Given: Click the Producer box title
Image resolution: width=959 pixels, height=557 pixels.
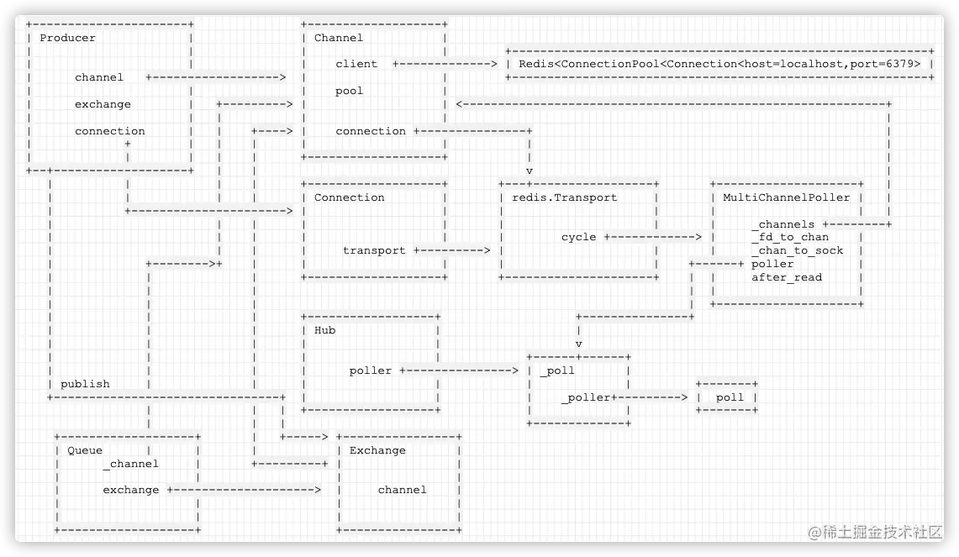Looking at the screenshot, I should (x=67, y=38).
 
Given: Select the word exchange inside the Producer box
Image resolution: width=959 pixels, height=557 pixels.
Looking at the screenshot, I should (x=103, y=104).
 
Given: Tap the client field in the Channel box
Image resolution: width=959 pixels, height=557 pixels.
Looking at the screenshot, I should (x=356, y=64).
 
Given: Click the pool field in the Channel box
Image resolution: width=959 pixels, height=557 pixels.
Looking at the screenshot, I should (x=350, y=91).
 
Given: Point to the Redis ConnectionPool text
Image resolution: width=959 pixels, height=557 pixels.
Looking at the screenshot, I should (x=719, y=64).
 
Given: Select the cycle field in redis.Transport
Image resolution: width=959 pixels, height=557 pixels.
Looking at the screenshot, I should (x=578, y=237).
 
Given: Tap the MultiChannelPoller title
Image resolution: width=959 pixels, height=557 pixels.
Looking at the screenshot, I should (x=787, y=197).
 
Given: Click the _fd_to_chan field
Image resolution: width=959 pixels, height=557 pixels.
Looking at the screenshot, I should (x=790, y=237).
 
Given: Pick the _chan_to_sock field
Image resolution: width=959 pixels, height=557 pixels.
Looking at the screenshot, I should (x=797, y=250).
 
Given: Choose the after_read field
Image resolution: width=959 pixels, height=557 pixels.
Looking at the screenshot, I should (x=787, y=277).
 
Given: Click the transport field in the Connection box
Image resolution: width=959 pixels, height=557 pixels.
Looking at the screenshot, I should (x=374, y=250).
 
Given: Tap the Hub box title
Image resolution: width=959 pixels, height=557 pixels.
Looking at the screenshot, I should (x=324, y=330).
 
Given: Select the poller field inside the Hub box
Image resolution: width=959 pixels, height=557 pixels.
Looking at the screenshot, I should (x=371, y=370).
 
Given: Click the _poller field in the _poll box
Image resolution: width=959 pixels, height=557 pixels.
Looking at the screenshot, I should (x=587, y=397).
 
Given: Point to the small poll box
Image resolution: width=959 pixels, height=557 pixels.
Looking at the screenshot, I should (x=730, y=397).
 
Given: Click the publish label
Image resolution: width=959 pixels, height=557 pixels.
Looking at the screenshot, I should (x=85, y=384).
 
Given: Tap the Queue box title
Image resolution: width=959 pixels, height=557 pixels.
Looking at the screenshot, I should (x=85, y=450).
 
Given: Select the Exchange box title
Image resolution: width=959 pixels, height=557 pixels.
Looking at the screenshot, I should (x=377, y=450).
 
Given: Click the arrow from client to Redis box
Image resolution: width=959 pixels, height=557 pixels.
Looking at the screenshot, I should (x=445, y=64).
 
